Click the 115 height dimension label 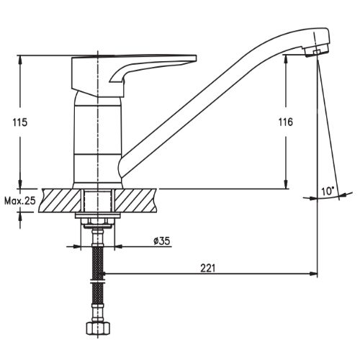click(20, 122)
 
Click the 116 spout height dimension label click(286, 122)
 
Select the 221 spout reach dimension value click(208, 268)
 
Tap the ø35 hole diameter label click(162, 240)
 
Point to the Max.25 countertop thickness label click(20, 201)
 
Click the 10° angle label click(328, 192)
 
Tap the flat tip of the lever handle click(193, 58)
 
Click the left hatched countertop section click(60, 201)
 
